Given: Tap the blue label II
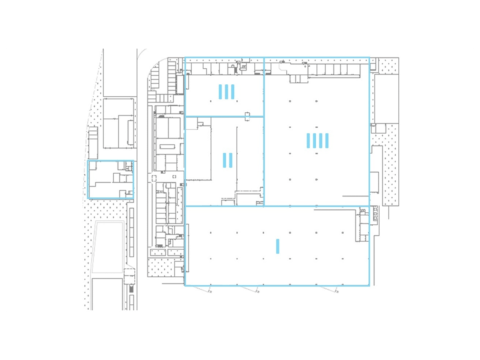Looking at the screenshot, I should [x=227, y=160].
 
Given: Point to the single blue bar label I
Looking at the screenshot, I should [x=277, y=246].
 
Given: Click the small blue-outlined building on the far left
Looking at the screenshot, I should [x=111, y=179].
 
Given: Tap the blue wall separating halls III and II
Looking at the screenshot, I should [x=224, y=117].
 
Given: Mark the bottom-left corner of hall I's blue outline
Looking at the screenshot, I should [x=185, y=285].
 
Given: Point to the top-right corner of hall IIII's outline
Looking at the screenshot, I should [x=369, y=58].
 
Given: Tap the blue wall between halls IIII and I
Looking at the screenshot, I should [x=317, y=206].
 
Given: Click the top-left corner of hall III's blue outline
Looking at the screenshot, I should [x=185, y=58].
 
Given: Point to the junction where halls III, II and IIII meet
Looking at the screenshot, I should [x=265, y=117].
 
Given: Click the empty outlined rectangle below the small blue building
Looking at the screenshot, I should [x=109, y=246].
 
